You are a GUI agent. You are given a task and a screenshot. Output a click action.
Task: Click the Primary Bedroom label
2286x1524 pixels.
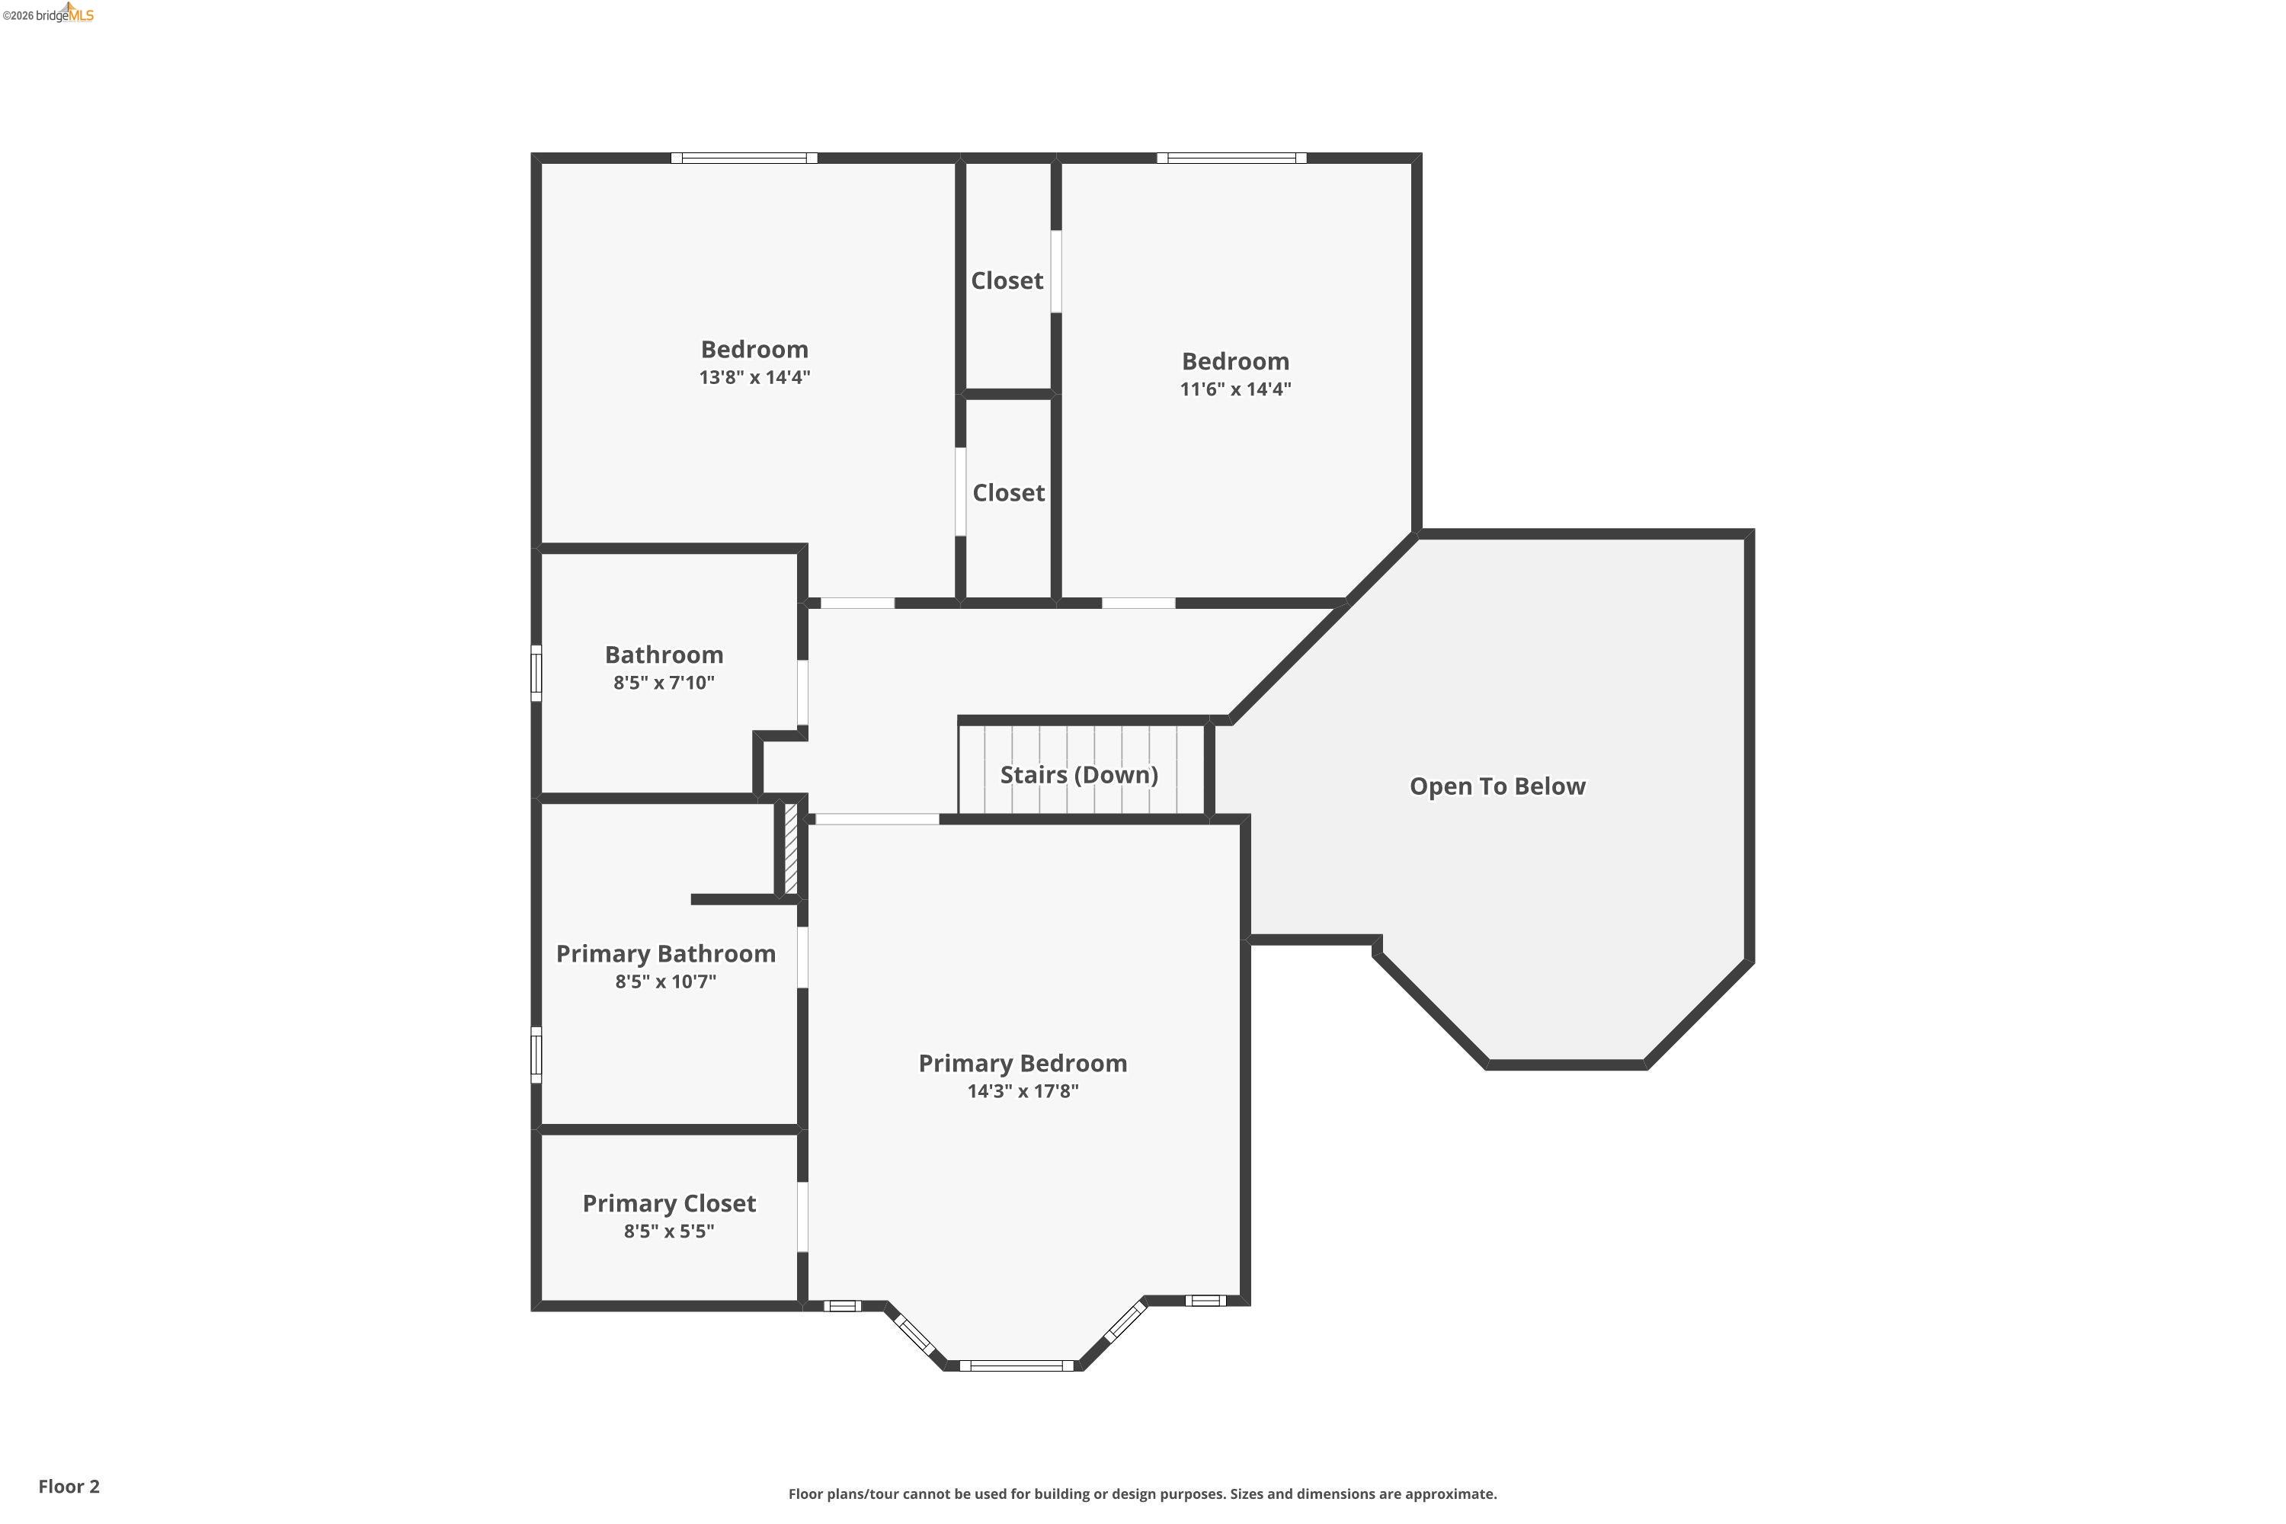(1023, 1063)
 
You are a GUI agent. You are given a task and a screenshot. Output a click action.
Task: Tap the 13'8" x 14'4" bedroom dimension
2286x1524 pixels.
(754, 377)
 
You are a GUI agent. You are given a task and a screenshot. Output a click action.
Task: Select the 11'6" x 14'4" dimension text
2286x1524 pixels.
(1234, 389)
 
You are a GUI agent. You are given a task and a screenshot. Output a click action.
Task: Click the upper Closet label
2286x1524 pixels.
(1007, 281)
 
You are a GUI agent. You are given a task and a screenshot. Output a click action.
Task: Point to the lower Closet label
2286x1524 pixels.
(1008, 493)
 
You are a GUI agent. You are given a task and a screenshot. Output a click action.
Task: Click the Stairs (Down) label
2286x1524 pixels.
(1079, 775)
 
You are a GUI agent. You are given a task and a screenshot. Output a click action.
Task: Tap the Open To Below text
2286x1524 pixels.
(1497, 786)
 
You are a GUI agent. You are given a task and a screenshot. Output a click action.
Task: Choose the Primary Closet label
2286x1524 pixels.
(669, 1203)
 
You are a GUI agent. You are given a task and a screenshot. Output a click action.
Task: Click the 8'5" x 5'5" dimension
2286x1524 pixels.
(669, 1231)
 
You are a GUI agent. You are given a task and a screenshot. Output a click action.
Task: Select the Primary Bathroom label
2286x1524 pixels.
(666, 953)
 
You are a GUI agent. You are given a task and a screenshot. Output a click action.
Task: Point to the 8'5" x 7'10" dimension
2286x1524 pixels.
(664, 682)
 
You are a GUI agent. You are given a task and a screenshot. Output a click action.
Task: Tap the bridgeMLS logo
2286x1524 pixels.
(49, 14)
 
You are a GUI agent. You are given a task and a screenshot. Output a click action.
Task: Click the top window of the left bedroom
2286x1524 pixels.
(744, 158)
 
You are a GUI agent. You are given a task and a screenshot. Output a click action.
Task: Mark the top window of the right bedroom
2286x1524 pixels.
(1231, 158)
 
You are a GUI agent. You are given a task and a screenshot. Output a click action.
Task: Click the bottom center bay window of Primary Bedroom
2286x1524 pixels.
(1017, 1366)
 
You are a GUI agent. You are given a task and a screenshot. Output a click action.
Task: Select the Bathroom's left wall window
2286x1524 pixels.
(536, 673)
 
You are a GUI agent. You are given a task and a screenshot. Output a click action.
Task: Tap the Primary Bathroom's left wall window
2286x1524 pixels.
(536, 1055)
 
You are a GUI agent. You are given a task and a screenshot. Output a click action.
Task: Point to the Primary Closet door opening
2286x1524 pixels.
(803, 1217)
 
